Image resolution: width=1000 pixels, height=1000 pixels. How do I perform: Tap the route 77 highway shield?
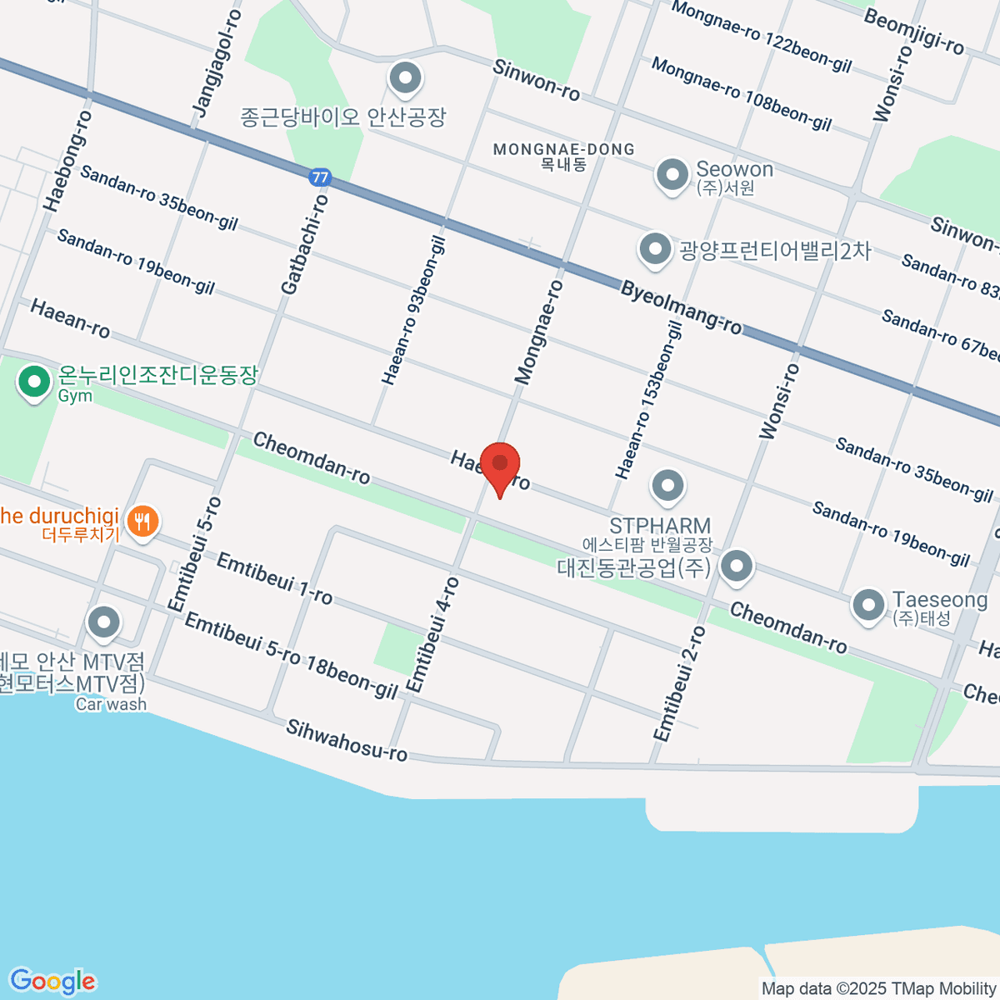click(319, 177)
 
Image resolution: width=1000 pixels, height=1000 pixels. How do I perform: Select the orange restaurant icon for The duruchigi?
click(144, 522)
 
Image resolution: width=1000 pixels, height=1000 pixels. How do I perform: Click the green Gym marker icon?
click(34, 382)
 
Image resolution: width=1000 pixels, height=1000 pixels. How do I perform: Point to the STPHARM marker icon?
click(667, 487)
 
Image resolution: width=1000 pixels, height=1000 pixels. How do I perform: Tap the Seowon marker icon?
click(672, 175)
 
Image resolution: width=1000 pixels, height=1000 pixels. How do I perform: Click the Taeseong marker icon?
click(868, 605)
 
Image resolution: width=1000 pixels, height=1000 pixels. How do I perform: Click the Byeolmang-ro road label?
click(681, 307)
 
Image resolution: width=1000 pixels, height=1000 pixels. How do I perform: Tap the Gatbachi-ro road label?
click(305, 243)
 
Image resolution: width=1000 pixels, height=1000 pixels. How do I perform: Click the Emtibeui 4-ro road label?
click(432, 634)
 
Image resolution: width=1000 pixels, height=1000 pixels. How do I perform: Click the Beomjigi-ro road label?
click(913, 32)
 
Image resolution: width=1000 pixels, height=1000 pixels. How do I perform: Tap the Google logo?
click(52, 981)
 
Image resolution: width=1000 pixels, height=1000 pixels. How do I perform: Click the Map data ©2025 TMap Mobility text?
click(879, 989)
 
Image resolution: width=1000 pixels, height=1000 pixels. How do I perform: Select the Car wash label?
click(111, 704)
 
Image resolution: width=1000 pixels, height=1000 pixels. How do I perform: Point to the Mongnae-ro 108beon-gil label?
click(741, 92)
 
